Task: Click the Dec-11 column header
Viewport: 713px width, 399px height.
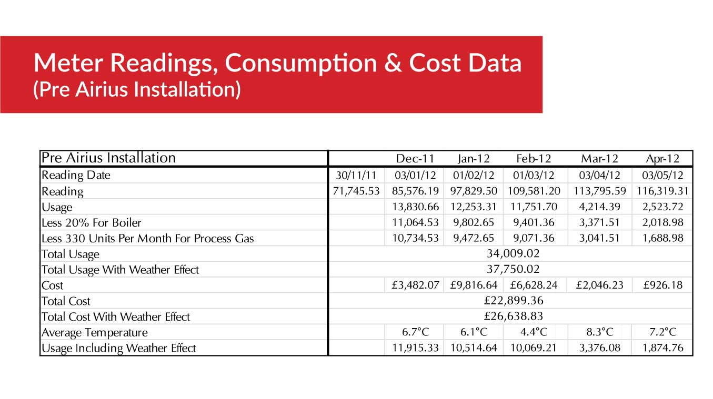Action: (x=415, y=158)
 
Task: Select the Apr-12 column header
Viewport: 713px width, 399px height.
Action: (x=662, y=158)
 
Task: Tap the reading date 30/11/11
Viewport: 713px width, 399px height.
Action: (x=356, y=175)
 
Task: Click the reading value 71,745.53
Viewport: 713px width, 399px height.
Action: (x=356, y=191)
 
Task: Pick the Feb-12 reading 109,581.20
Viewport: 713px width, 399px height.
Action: (x=535, y=191)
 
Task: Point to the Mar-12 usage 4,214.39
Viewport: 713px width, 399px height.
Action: (x=599, y=207)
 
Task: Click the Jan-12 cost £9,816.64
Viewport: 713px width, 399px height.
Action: (x=474, y=285)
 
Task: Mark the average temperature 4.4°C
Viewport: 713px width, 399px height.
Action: (x=535, y=332)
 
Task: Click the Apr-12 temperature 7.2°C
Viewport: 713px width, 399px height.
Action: (x=662, y=332)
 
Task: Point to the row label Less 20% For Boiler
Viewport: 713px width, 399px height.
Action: (x=92, y=222)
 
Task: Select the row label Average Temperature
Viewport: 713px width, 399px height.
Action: (x=95, y=333)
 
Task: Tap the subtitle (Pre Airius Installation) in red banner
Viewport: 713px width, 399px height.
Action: (x=137, y=89)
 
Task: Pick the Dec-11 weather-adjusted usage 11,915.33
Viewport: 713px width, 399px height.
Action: (x=415, y=348)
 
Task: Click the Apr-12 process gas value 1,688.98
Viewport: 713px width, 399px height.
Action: (x=662, y=238)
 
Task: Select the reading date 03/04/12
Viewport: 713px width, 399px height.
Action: (x=599, y=175)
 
